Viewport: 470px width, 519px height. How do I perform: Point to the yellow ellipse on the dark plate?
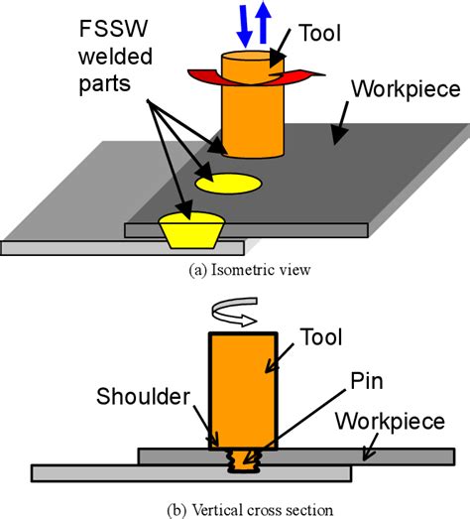(x=228, y=184)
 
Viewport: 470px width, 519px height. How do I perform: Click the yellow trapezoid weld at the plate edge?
(x=192, y=230)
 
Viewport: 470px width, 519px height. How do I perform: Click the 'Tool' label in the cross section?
(x=320, y=337)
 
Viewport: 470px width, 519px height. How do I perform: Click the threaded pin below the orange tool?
(x=242, y=457)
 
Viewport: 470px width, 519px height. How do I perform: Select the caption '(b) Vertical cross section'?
(x=234, y=507)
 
